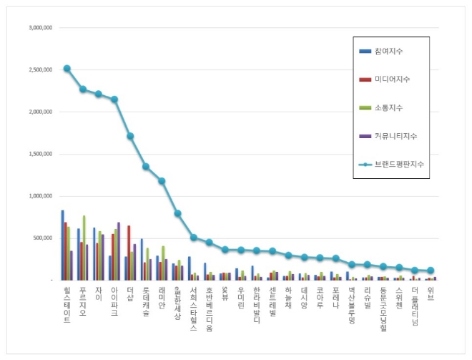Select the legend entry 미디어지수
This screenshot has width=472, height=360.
pyautogui.click(x=391, y=79)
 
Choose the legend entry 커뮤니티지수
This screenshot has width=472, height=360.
pyautogui.click(x=395, y=135)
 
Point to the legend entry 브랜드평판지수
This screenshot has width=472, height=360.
pyautogui.click(x=398, y=164)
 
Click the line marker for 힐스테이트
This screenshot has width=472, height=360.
pyautogui.click(x=67, y=69)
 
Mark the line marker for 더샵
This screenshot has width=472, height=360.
pyautogui.click(x=129, y=136)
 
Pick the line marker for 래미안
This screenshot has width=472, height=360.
pyautogui.click(x=162, y=181)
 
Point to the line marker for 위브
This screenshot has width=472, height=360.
pyautogui.click(x=431, y=271)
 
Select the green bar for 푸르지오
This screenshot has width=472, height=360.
pyautogui.click(x=84, y=248)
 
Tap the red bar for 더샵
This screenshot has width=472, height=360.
pyautogui.click(x=129, y=253)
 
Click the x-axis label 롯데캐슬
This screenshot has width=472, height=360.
pyautogui.click(x=146, y=301)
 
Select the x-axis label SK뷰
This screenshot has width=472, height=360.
pyautogui.click(x=225, y=292)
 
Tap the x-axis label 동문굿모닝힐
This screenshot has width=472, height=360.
pyautogui.click(x=383, y=306)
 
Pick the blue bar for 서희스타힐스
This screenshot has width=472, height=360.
pyautogui.click(x=189, y=268)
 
